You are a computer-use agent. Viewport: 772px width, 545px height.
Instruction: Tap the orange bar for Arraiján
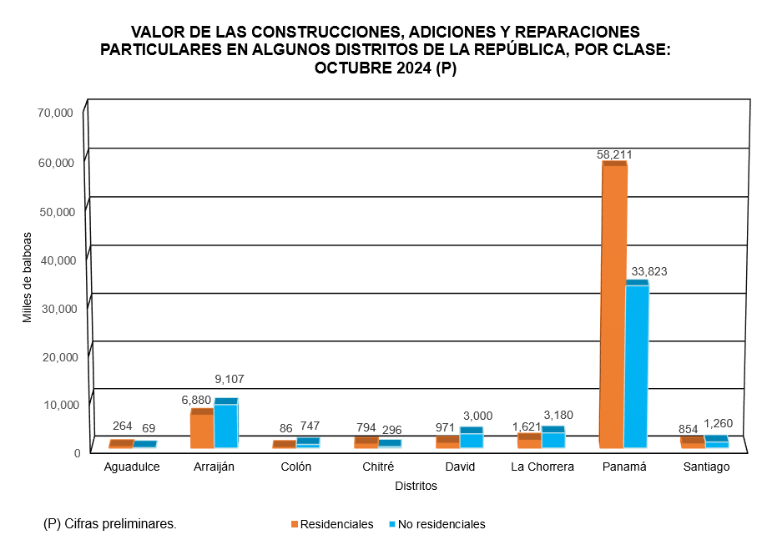pyautogui.click(x=202, y=429)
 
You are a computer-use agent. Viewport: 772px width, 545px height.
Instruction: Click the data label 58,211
pyautogui.click(x=613, y=154)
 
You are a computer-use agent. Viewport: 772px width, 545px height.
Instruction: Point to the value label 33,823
pyautogui.click(x=649, y=271)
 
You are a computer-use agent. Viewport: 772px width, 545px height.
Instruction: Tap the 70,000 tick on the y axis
pyautogui.click(x=56, y=113)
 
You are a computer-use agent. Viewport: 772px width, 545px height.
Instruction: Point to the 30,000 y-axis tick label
pyautogui.click(x=56, y=308)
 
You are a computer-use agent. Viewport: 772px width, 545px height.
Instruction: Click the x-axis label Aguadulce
pyautogui.click(x=132, y=467)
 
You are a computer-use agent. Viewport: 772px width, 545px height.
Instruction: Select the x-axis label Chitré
pyautogui.click(x=378, y=467)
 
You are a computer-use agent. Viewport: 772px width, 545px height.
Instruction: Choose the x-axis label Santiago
pyautogui.click(x=706, y=467)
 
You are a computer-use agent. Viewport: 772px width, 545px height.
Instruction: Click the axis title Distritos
pyautogui.click(x=416, y=486)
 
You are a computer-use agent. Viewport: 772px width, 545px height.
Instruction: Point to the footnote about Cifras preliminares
pyautogui.click(x=109, y=524)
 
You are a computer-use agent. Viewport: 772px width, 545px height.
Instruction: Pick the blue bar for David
pyautogui.click(x=472, y=439)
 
